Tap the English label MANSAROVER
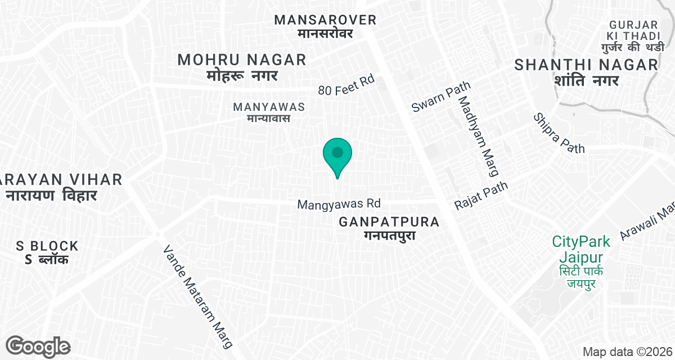[325, 20]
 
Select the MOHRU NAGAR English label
[242, 60]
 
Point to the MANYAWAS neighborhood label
[269, 106]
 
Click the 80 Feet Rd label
[346, 85]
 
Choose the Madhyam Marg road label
[479, 134]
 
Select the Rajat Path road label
[481, 195]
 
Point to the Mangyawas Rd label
[339, 204]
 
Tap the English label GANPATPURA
[389, 222]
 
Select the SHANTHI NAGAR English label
[586, 65]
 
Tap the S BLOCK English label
[47, 246]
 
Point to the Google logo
[38, 346]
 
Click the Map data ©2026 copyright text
[627, 352]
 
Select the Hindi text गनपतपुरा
[389, 236]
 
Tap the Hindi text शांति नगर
[586, 80]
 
